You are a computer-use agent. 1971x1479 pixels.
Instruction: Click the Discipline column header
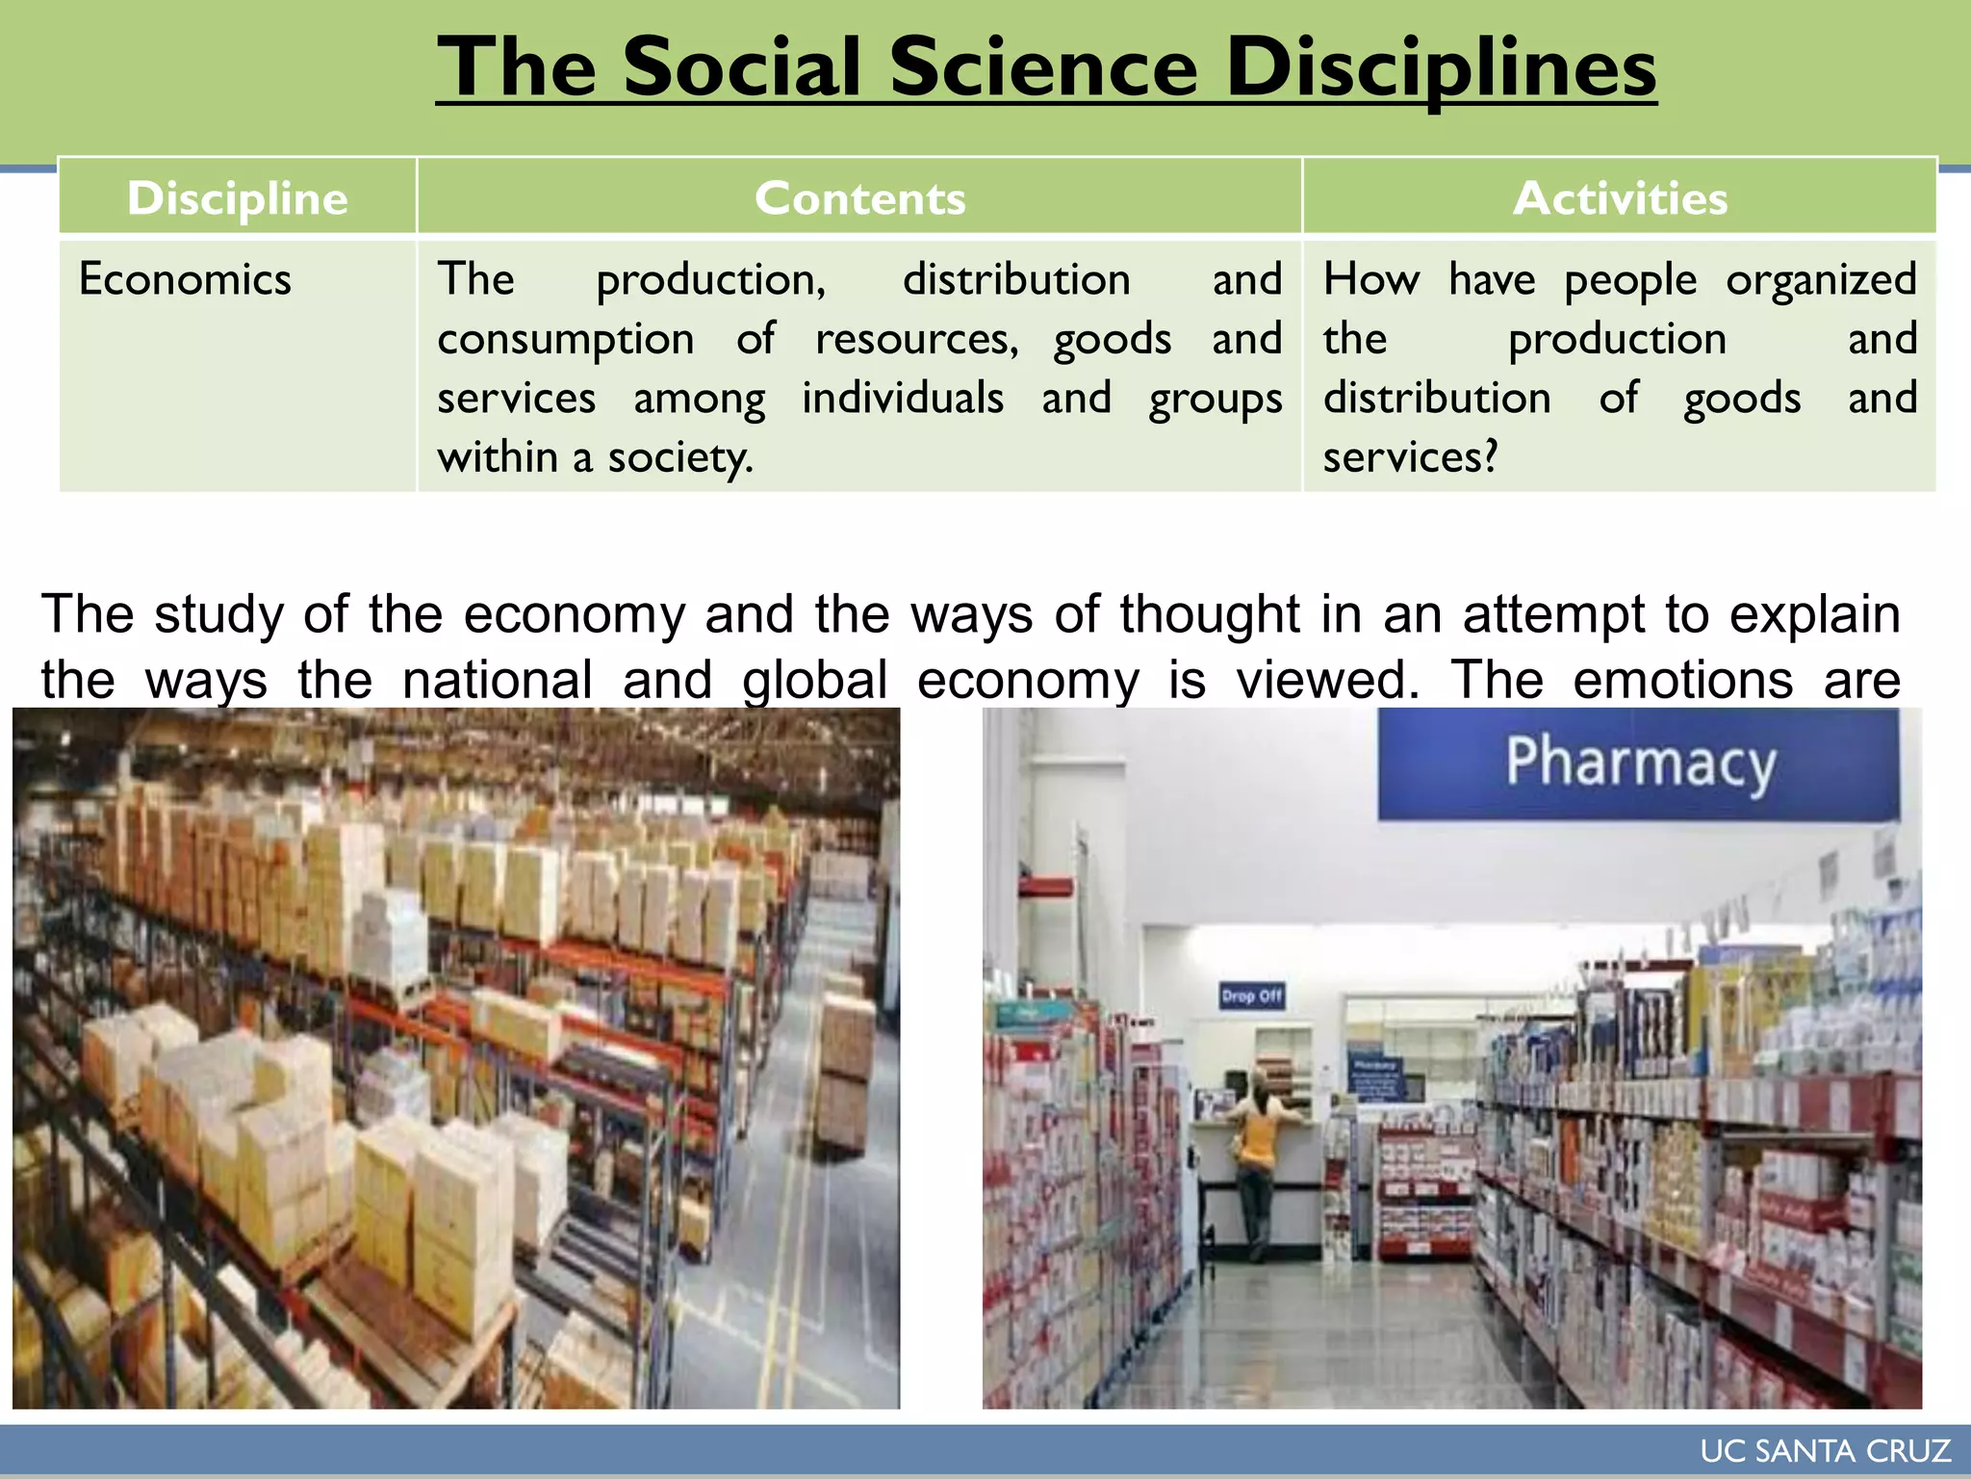(x=237, y=198)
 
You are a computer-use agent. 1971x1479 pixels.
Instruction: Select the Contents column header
(x=859, y=198)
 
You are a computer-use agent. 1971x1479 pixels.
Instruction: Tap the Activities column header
(x=1620, y=198)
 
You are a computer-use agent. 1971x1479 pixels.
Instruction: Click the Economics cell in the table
(x=185, y=280)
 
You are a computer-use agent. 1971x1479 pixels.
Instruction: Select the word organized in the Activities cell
(x=1821, y=280)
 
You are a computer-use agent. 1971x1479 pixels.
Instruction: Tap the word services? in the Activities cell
(x=1410, y=457)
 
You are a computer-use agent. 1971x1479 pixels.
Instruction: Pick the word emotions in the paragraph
(x=1682, y=680)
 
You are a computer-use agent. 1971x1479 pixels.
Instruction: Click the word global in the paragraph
(x=814, y=680)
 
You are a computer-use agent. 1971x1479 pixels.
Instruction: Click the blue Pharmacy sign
(x=1639, y=764)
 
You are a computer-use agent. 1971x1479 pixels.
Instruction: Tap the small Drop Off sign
(x=1251, y=996)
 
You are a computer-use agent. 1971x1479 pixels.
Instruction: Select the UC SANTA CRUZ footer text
(x=1825, y=1451)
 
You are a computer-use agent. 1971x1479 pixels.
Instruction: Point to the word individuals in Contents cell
(x=903, y=399)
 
